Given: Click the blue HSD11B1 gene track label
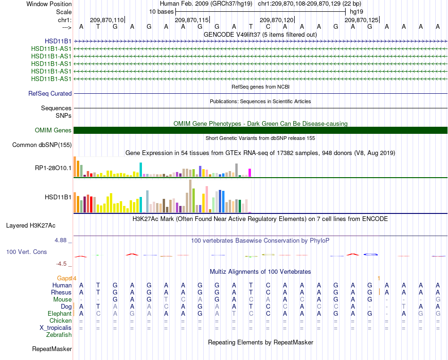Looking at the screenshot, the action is (58, 41).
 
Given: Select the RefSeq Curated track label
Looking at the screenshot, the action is (50, 93).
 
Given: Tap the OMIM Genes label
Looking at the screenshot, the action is (53, 130).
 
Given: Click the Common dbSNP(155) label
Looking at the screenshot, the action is (42, 145).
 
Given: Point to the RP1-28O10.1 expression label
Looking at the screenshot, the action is (53, 168).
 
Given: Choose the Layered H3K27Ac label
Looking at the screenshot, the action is (31, 226).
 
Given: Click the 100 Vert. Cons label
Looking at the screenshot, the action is (26, 252).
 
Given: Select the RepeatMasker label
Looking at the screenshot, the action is (52, 349).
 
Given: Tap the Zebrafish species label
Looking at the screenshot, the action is (59, 335).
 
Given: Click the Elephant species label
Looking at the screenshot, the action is (60, 313).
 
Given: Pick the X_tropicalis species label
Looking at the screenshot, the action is (56, 328).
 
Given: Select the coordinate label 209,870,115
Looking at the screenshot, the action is (192, 20).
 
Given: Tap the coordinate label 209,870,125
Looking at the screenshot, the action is (361, 20).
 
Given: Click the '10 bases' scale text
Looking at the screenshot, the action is (161, 12).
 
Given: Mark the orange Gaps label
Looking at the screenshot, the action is (64, 278).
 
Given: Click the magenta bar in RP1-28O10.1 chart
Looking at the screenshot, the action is (250, 173).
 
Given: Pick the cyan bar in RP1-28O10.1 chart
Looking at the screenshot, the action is (141, 170).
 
